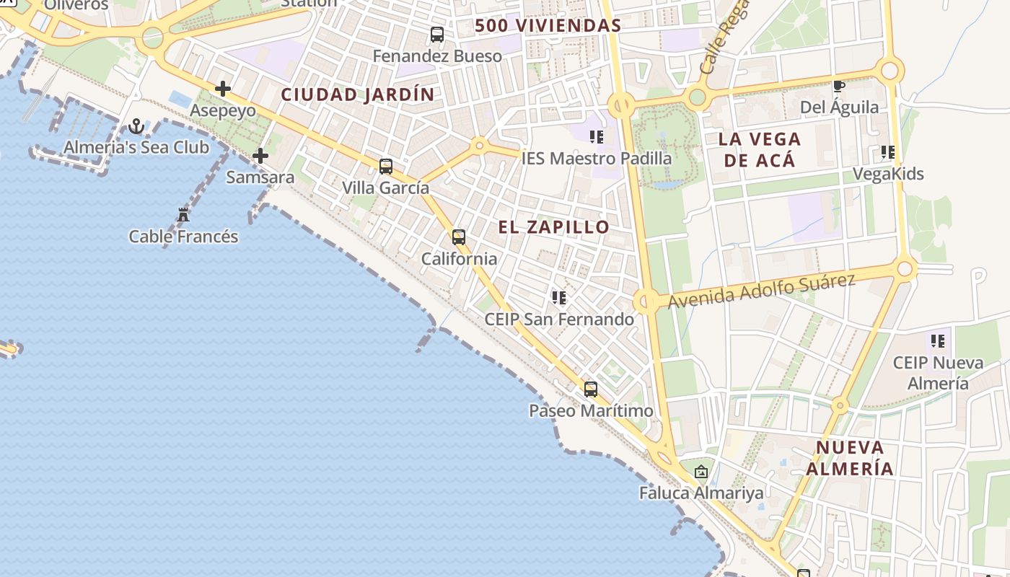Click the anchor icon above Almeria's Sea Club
(x=136, y=128)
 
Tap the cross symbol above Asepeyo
(x=223, y=89)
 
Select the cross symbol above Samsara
(x=260, y=156)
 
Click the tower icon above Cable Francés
(x=183, y=215)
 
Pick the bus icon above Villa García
(x=386, y=167)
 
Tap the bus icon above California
(x=459, y=237)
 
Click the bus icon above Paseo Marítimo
(x=591, y=389)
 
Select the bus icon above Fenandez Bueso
(x=437, y=34)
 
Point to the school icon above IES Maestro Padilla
(x=596, y=136)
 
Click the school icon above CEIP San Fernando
(x=559, y=297)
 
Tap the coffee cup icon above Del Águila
(x=839, y=87)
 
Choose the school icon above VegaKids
(x=887, y=152)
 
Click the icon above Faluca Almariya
(x=701, y=472)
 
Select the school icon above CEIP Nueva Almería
(x=937, y=340)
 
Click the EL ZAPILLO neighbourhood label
(x=554, y=227)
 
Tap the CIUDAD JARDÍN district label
(x=358, y=94)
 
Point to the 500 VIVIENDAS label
(x=548, y=26)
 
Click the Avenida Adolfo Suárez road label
(x=761, y=291)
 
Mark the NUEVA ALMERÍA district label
(x=850, y=458)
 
